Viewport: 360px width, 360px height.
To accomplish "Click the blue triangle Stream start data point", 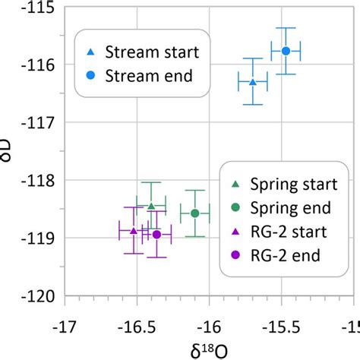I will click(x=253, y=81).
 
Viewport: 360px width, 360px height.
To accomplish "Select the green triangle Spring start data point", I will click(x=151, y=206).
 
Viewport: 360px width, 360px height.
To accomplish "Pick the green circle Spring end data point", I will click(x=195, y=213).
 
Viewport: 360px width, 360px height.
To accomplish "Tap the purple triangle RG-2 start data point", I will click(x=134, y=231).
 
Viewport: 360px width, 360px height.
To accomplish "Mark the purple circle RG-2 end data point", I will click(x=156, y=235).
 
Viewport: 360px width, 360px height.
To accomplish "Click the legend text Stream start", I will click(x=152, y=52).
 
